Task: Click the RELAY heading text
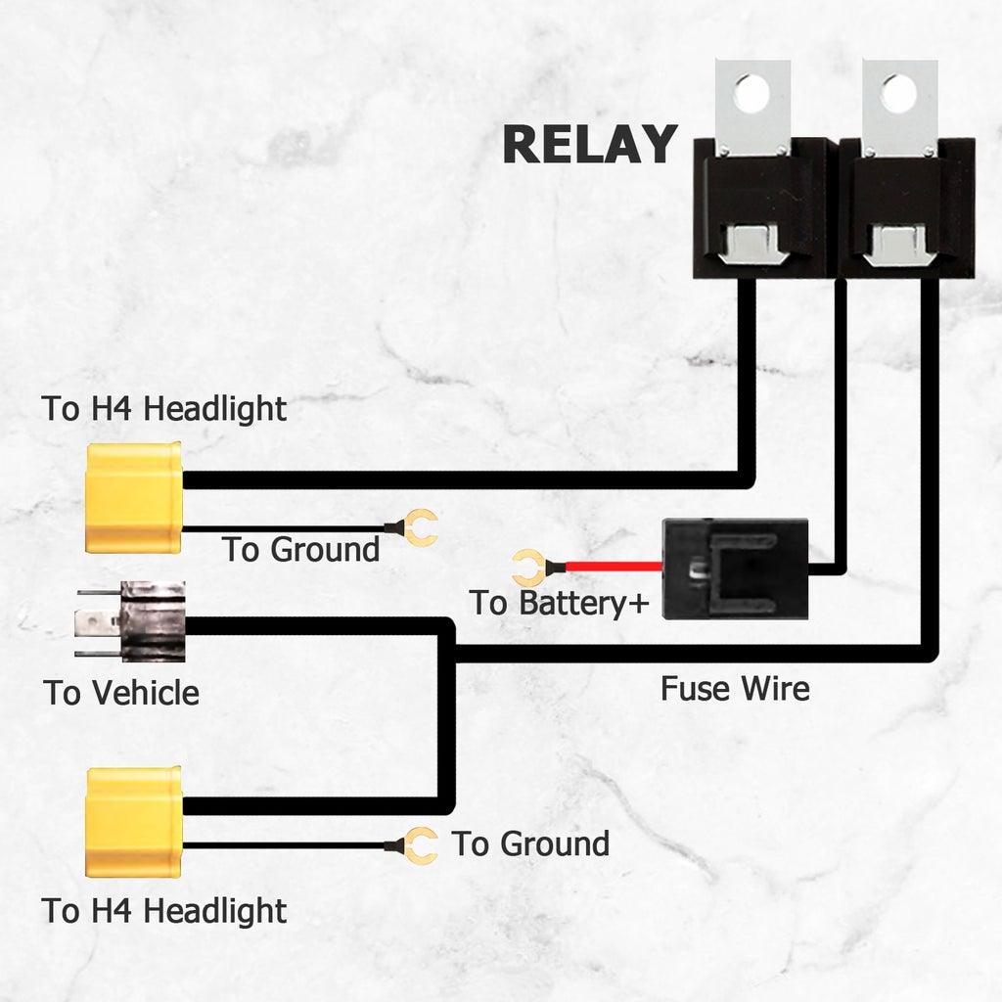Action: (x=589, y=144)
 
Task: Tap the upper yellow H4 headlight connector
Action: (x=135, y=496)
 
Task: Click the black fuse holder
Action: (x=735, y=569)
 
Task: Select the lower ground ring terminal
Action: (x=422, y=845)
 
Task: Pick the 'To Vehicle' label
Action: (x=121, y=693)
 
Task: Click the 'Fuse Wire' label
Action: (x=735, y=688)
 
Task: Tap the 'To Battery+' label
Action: (x=559, y=603)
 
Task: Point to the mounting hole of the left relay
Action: (x=752, y=93)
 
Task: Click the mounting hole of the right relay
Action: (x=898, y=93)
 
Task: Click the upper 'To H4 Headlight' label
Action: (x=164, y=408)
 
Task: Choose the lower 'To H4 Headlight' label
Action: (x=164, y=911)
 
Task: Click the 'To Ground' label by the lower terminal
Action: (x=530, y=843)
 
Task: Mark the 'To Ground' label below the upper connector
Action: (x=300, y=550)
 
